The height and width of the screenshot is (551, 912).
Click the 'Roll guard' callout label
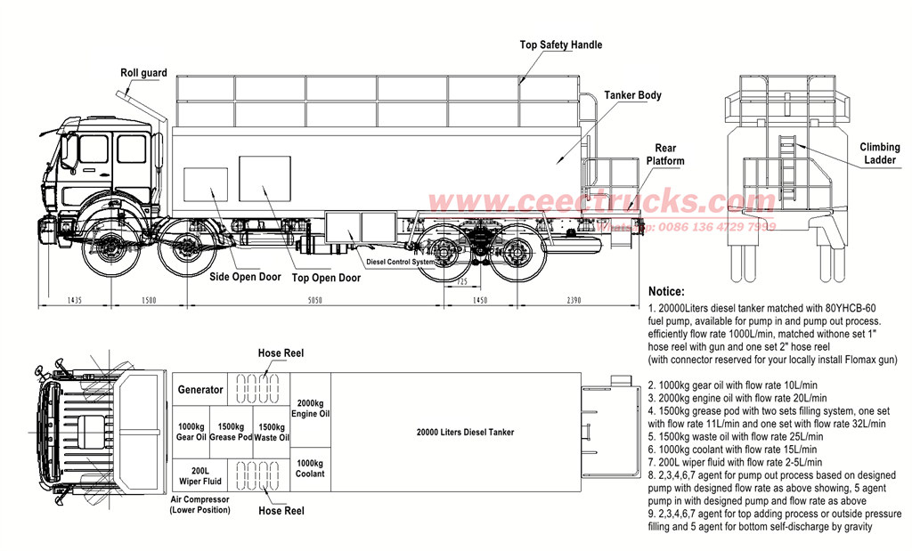coord(143,73)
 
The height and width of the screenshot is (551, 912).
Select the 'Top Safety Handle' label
coord(561,45)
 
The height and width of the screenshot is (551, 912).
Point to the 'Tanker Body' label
coord(632,95)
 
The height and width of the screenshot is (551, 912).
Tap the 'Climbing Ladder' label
coord(879,153)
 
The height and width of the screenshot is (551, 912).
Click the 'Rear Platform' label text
coord(665,155)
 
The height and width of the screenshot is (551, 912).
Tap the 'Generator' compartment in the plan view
coord(200,390)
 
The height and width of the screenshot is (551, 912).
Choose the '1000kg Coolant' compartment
coord(310,468)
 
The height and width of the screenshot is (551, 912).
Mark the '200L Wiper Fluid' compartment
coord(200,474)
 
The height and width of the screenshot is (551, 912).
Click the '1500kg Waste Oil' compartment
coord(273,432)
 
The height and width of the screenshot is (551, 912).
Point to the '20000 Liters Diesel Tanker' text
coord(465,433)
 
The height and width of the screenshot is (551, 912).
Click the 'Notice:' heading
coord(667,291)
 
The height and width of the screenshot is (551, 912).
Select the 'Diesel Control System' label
coord(400,262)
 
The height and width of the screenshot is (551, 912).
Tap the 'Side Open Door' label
coord(246,277)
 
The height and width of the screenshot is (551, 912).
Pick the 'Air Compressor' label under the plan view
coord(200,505)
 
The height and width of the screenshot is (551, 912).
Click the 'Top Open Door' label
coord(325,278)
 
